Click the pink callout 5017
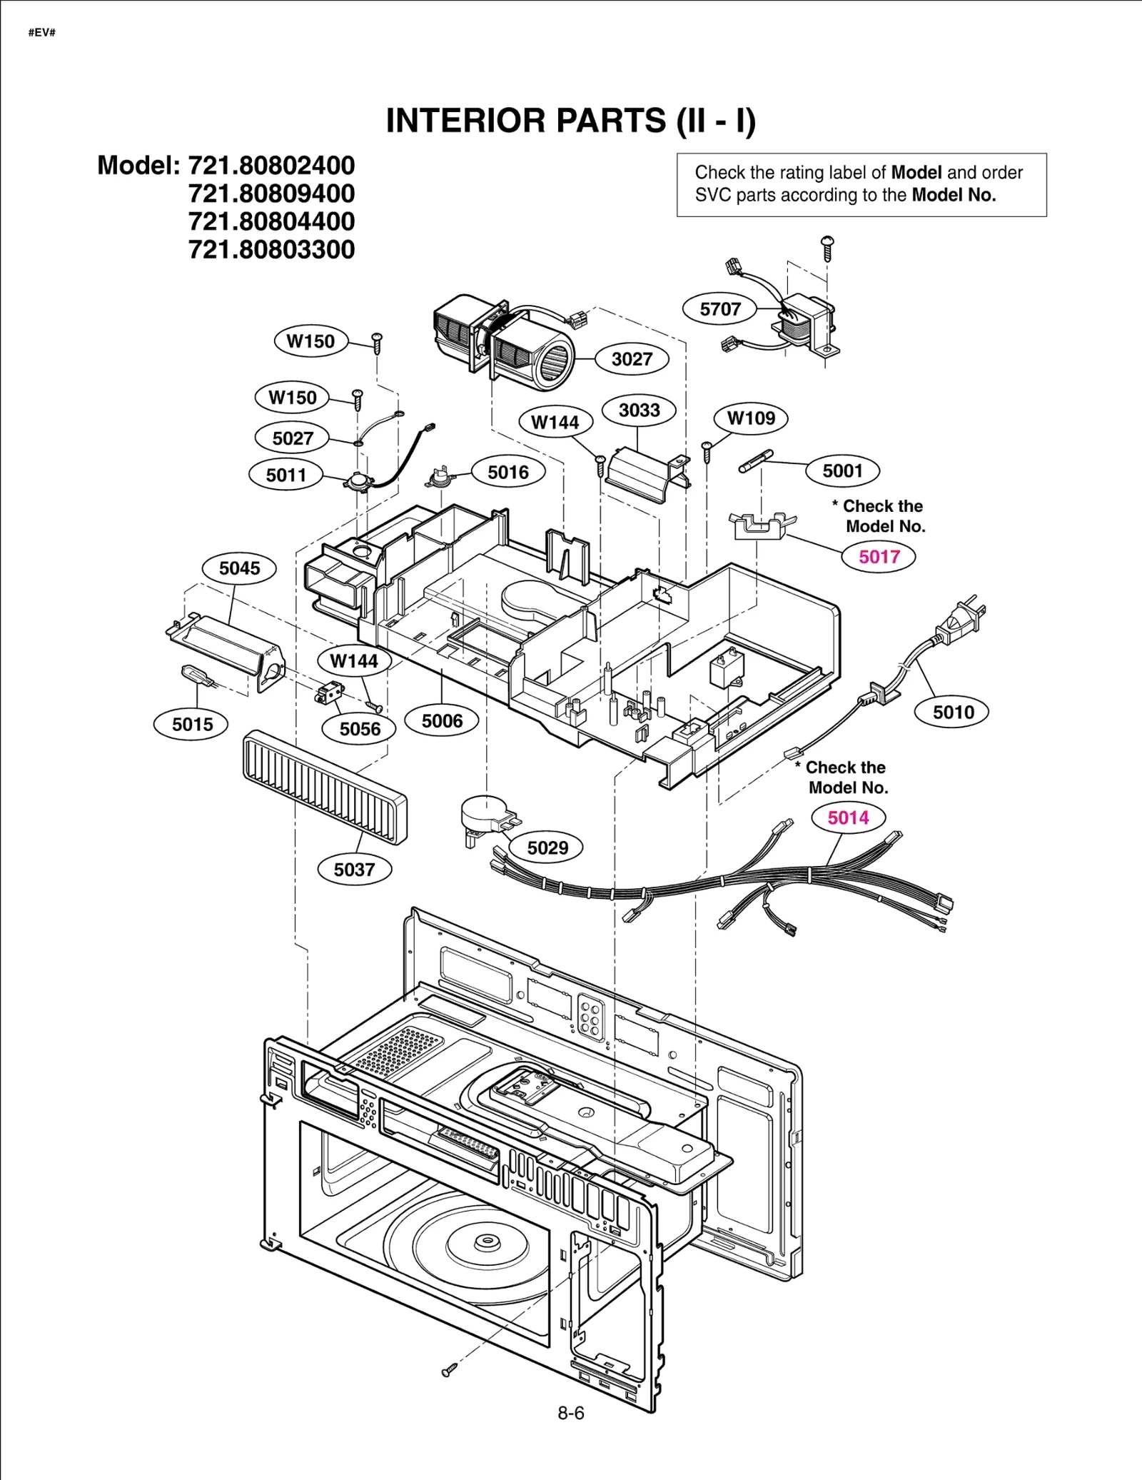(879, 557)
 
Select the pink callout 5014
(848, 817)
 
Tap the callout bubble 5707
(719, 309)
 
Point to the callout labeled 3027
(632, 359)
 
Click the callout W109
(751, 418)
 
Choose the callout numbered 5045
(239, 568)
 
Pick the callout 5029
(547, 848)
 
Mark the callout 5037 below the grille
(354, 870)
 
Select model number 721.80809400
(271, 193)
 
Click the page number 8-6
(571, 1413)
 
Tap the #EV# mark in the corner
(41, 33)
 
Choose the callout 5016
(508, 472)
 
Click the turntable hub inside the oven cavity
(487, 1240)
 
